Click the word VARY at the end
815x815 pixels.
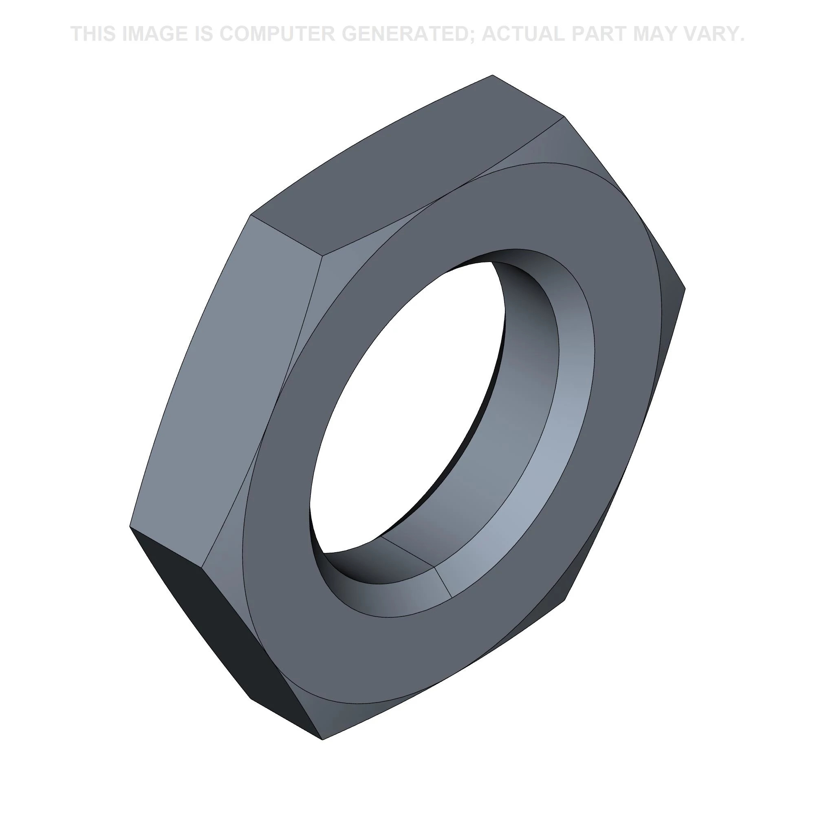coord(717,34)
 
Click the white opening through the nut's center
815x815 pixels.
coord(405,405)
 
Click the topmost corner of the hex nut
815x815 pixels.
coord(492,75)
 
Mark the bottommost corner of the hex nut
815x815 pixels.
coord(322,739)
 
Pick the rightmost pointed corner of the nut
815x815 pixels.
coord(685,289)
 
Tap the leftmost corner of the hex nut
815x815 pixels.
coord(130,526)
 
